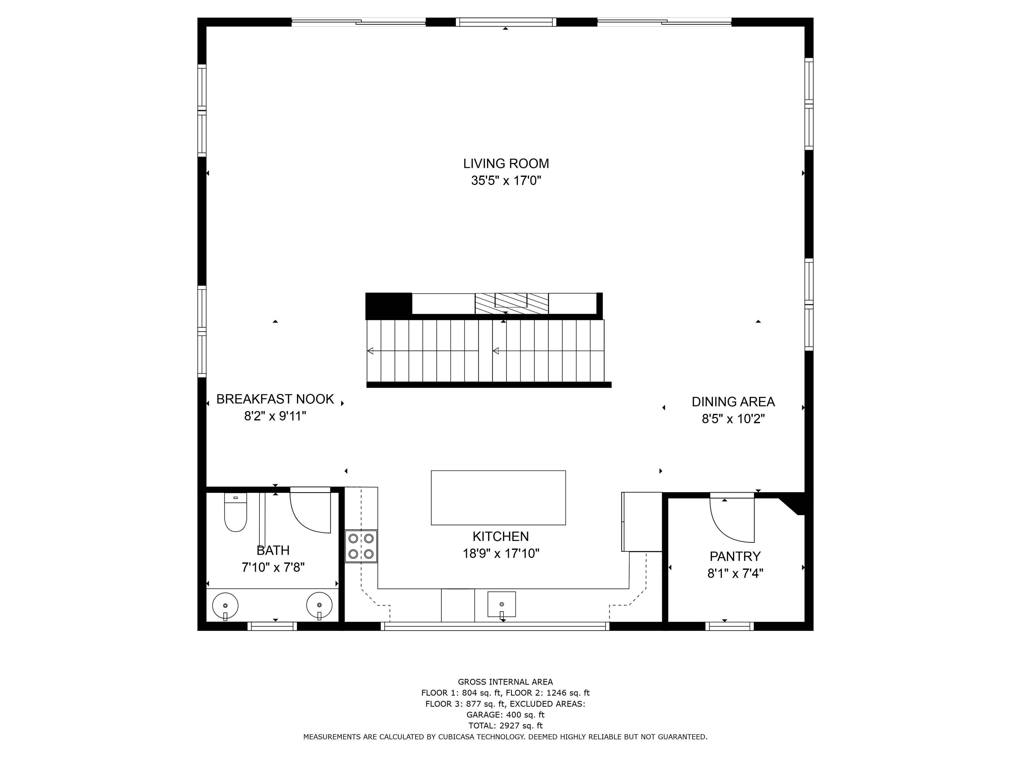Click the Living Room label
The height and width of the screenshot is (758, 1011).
click(x=506, y=163)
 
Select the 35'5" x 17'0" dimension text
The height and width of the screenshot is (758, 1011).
click(x=506, y=181)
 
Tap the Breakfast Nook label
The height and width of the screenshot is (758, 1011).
click(x=275, y=399)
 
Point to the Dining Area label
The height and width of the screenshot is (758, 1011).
click(x=733, y=402)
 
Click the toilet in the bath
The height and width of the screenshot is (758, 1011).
click(x=235, y=512)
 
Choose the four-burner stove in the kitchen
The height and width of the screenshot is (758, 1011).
click(x=361, y=546)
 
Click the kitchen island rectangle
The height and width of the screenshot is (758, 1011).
click(x=498, y=497)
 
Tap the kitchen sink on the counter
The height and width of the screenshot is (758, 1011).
click(x=502, y=604)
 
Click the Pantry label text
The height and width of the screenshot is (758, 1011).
click(x=735, y=556)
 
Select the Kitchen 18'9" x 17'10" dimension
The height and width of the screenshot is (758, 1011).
click(x=501, y=554)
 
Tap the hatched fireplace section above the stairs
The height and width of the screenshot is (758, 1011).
click(x=512, y=303)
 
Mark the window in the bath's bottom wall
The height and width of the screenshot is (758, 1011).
click(x=272, y=626)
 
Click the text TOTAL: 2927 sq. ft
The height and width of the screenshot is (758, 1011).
click(x=506, y=726)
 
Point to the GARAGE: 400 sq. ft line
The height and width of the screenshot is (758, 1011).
click(x=506, y=715)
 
